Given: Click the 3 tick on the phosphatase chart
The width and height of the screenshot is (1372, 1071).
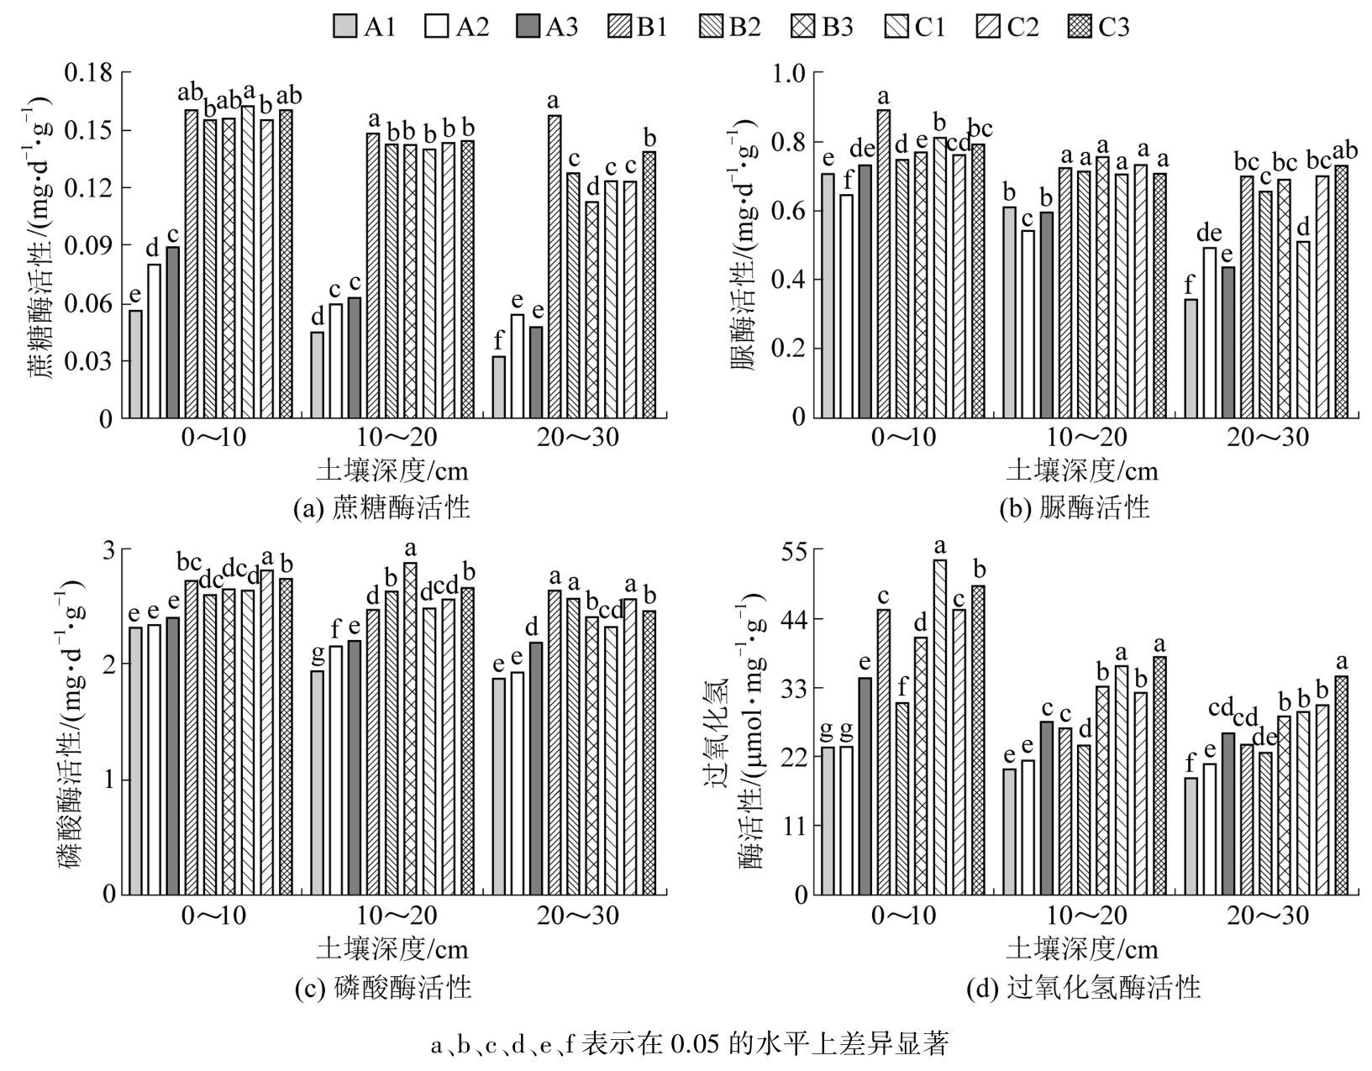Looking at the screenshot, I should [x=108, y=550].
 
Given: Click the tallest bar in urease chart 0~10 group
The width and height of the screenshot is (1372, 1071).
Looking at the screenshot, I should [x=884, y=263].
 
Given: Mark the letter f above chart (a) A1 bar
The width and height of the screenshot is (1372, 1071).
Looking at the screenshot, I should [x=499, y=340].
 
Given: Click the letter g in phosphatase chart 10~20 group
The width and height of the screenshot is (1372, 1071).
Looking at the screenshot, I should [x=318, y=653].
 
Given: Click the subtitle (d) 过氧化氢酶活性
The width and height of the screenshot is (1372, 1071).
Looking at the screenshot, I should [x=1083, y=987].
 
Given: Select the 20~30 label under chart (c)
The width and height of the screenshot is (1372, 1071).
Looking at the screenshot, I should [x=577, y=915].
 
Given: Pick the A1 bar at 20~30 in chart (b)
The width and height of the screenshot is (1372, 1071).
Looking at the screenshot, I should [x=1191, y=358].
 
